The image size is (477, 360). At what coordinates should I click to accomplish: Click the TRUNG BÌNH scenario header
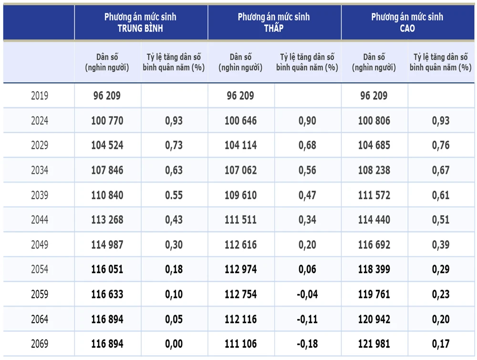pyautogui.click(x=140, y=22)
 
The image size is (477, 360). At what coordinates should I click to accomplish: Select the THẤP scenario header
pyautogui.click(x=274, y=22)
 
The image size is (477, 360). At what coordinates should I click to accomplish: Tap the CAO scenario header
pyautogui.click(x=407, y=22)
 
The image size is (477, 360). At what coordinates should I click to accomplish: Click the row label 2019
pyautogui.click(x=40, y=96)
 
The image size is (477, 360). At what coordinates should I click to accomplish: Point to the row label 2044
pyautogui.click(x=40, y=220)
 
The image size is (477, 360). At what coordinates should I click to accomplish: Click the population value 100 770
pyautogui.click(x=107, y=121)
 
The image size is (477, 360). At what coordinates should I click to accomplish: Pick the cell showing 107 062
pyautogui.click(x=240, y=170)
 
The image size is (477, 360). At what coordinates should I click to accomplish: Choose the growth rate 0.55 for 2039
pyautogui.click(x=174, y=195)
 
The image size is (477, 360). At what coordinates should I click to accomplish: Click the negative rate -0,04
pyautogui.click(x=307, y=295)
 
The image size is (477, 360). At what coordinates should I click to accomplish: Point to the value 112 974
pyautogui.click(x=240, y=270)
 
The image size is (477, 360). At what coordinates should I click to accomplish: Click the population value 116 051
pyautogui.click(x=107, y=270)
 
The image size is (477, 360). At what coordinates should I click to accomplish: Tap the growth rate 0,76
pyautogui.click(x=440, y=146)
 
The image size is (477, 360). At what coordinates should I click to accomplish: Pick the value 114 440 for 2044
pyautogui.click(x=374, y=220)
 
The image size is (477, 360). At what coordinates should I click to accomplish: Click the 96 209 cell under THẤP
pyautogui.click(x=240, y=96)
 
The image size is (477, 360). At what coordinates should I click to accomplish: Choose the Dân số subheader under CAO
pyautogui.click(x=374, y=62)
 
